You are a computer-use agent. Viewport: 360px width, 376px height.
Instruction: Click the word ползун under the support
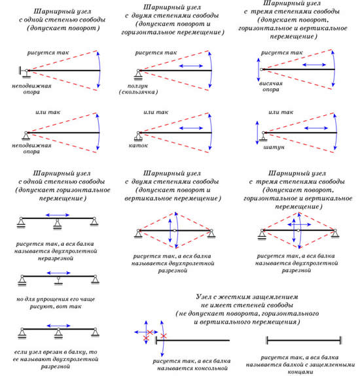coord(137,86)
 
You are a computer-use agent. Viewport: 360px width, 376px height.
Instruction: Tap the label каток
coord(138,145)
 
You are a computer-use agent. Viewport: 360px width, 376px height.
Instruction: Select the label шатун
coord(274,147)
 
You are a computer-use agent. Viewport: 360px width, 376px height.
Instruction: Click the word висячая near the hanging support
coord(271,84)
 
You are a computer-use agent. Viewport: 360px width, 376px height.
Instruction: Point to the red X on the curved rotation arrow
coord(164,336)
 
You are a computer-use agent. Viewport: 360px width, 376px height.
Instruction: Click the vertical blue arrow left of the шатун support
coord(257,133)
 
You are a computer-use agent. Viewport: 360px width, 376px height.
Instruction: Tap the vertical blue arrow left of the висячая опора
coord(259,69)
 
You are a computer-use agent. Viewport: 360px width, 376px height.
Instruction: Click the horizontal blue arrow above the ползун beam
coord(191,66)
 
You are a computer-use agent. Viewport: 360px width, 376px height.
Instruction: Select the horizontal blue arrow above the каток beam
coord(191,128)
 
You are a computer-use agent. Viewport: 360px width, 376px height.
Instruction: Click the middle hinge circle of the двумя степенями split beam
coord(175,231)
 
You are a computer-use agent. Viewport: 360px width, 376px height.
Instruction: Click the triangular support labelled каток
coord(138,136)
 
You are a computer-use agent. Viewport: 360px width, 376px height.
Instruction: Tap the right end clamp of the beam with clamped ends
coord(340,340)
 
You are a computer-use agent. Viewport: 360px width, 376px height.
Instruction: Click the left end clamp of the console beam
coord(156,340)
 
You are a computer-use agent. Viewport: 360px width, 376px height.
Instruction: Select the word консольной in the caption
coord(211,368)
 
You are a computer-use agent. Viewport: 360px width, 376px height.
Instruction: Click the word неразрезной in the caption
coord(56,258)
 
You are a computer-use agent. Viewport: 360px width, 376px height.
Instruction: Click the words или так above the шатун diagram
coord(281,112)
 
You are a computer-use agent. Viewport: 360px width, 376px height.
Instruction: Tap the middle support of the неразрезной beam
coord(57,224)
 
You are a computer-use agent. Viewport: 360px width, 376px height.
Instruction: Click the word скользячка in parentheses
coord(139,92)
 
